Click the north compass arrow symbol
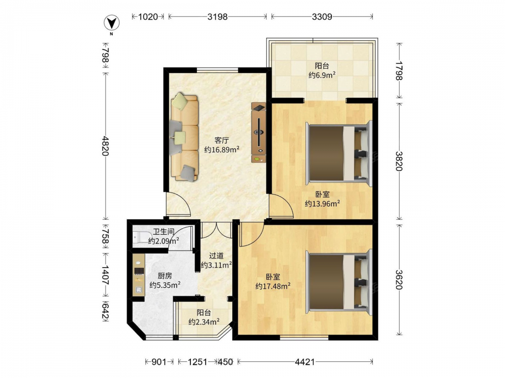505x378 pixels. tap(112, 23)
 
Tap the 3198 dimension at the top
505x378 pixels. tap(217, 17)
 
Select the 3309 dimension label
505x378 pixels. tap(322, 17)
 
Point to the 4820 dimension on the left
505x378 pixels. tap(106, 146)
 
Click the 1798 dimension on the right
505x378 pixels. tap(399, 71)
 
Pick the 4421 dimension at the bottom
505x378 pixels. tap(305, 362)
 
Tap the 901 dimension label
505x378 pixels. tap(159, 362)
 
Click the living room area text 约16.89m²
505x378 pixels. tap(222, 150)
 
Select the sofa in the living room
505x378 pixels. tap(184, 137)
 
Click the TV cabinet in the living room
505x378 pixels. tap(259, 133)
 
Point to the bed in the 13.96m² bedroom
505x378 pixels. tap(339, 153)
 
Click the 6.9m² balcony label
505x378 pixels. tap(322, 75)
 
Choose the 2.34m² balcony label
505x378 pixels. tap(204, 322)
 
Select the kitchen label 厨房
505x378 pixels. tap(165, 276)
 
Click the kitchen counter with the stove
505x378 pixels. tap(139, 275)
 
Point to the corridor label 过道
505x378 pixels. tap(216, 256)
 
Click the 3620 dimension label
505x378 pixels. tap(399, 279)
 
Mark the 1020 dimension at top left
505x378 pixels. tap(148, 17)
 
